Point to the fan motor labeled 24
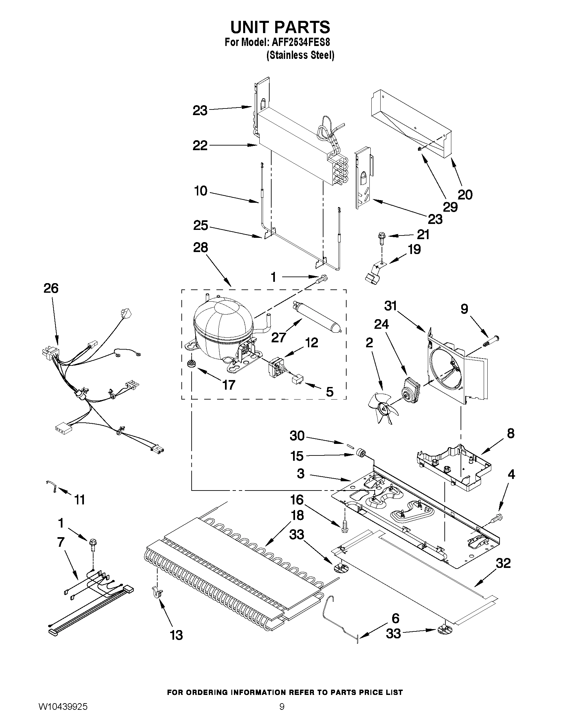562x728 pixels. pyautogui.click(x=411, y=388)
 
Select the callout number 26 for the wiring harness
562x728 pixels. pyautogui.click(x=51, y=288)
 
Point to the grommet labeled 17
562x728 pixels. pyautogui.click(x=191, y=363)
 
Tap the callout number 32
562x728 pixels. pyautogui.click(x=503, y=563)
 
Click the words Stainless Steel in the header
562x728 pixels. pyautogui.click(x=301, y=55)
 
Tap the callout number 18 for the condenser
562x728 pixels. pyautogui.click(x=297, y=515)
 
